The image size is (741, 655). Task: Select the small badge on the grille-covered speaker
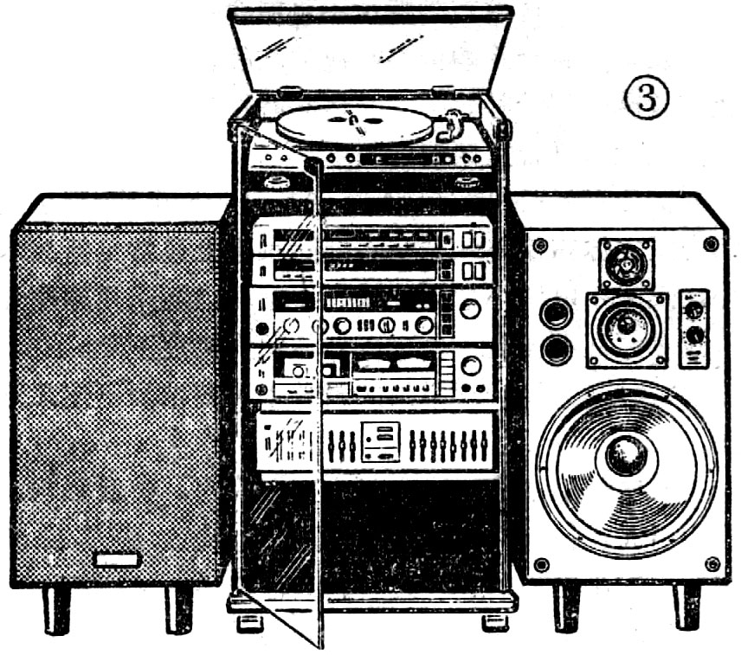pyautogui.click(x=117, y=560)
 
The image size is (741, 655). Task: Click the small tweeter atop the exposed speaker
pyautogui.click(x=626, y=263)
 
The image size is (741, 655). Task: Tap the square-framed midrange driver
pyautogui.click(x=627, y=328)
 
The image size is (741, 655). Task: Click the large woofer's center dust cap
pyautogui.click(x=626, y=456)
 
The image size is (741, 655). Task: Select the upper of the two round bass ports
pyautogui.click(x=555, y=313)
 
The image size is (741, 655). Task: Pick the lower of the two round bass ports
pyautogui.click(x=555, y=350)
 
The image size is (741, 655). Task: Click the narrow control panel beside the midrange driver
pyautogui.click(x=693, y=328)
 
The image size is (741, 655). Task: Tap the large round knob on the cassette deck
pyautogui.click(x=471, y=366)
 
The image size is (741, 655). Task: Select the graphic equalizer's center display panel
pyautogui.click(x=381, y=441)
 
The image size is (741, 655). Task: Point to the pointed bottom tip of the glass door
pyautogui.click(x=323, y=645)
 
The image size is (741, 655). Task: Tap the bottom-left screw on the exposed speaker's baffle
pyautogui.click(x=541, y=565)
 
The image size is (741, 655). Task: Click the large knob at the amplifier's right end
pyautogui.click(x=471, y=309)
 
